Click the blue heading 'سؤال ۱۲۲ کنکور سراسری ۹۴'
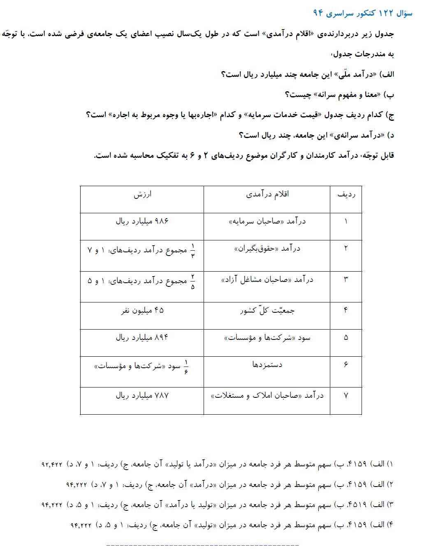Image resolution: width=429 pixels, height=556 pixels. click(362, 13)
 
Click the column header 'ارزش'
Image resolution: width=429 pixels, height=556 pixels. click(142, 194)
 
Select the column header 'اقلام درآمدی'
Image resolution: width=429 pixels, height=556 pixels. click(267, 194)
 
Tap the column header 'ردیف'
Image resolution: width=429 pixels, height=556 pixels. click(346, 195)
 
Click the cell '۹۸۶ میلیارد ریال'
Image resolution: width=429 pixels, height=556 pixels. click(142, 221)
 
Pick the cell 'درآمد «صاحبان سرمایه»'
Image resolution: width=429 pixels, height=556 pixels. click(267, 221)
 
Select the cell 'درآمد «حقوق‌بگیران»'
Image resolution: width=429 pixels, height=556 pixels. click(267, 249)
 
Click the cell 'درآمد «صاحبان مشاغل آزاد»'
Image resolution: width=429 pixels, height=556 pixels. click(267, 280)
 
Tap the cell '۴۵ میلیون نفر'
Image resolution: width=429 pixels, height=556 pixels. click(142, 311)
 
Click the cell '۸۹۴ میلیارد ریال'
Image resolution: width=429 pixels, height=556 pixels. click(142, 338)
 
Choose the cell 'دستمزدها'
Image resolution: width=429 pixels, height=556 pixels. click(267, 364)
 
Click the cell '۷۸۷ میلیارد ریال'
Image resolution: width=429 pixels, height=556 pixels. click(142, 396)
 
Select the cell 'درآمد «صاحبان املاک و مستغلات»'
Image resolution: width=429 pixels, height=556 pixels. click(267, 396)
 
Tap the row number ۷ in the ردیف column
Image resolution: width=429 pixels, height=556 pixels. click(346, 396)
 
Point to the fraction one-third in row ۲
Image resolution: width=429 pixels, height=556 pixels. click(193, 250)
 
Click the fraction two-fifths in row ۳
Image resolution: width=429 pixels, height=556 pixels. click(193, 281)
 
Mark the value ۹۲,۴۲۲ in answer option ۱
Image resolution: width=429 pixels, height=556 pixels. click(52, 464)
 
